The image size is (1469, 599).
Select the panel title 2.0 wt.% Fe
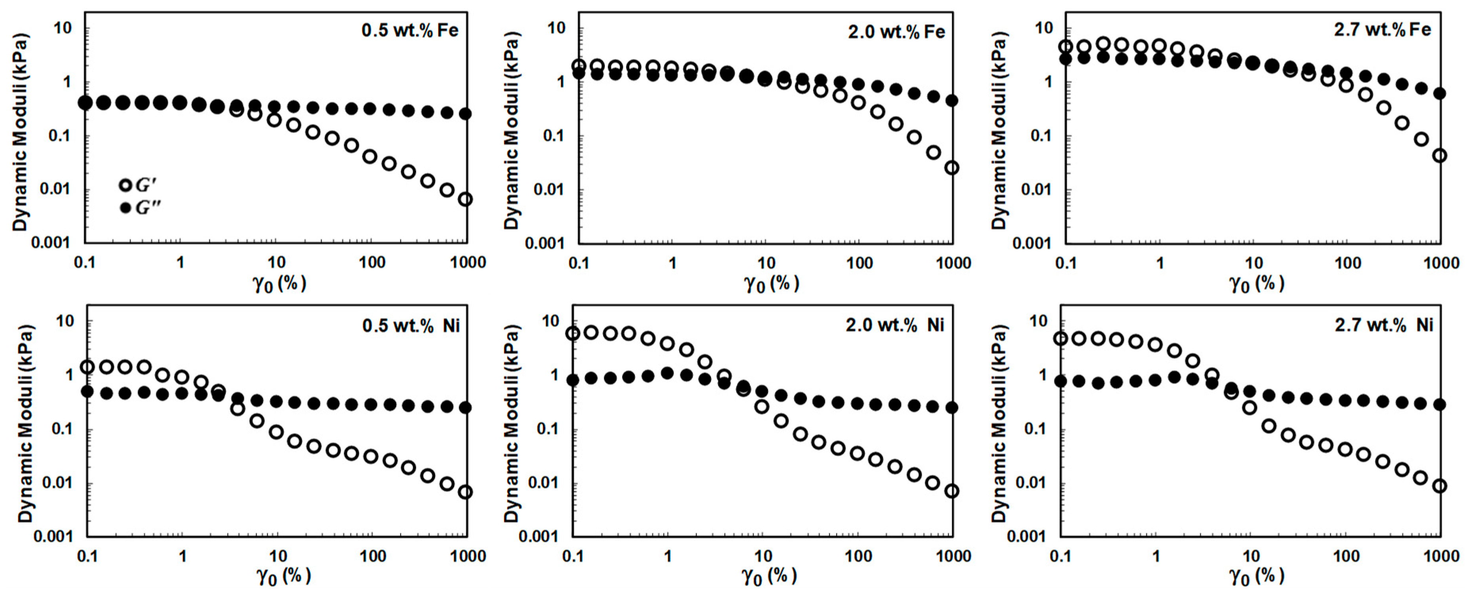(896, 32)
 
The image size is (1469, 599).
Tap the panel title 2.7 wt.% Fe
(1382, 30)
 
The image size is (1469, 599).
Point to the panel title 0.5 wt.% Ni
(411, 325)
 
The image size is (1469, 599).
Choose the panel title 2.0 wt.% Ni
(895, 325)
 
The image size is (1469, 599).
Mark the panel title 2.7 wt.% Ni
(1383, 325)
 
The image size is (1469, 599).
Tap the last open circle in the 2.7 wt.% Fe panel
(1439, 156)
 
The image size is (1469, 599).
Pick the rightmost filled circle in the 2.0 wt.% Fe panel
(951, 100)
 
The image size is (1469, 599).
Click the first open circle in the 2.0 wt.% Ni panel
(573, 333)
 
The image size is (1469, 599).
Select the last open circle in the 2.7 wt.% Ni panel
(1439, 486)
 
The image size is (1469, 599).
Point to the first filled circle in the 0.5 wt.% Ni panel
(87, 392)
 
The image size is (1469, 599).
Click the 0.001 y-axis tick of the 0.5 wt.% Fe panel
(50, 243)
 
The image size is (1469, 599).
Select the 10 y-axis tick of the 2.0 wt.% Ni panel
(550, 321)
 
